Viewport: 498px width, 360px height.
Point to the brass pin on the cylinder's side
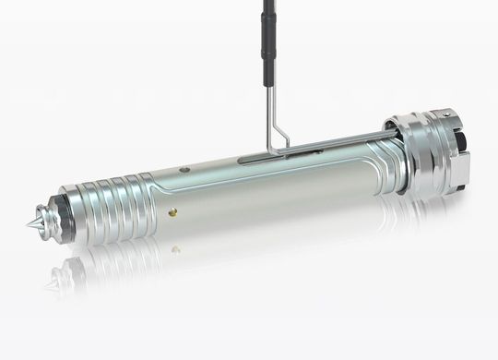172,210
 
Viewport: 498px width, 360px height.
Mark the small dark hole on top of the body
185,170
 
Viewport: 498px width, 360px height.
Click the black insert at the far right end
468,148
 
